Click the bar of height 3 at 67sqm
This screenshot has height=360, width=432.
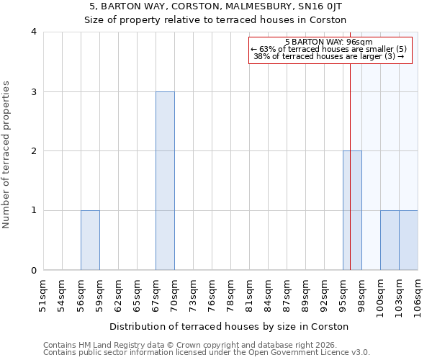coord(165,181)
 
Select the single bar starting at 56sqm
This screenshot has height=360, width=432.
coord(90,240)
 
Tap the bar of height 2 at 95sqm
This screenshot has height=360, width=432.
coord(352,210)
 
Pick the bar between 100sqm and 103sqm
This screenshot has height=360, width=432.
coord(390,240)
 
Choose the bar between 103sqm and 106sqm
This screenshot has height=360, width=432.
coord(408,240)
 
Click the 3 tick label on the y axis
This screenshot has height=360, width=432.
coord(33,91)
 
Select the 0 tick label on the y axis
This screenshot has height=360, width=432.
coord(33,270)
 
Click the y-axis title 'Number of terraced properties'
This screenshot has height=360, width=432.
coord(7,154)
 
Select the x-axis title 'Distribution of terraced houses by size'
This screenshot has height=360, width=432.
coord(230,326)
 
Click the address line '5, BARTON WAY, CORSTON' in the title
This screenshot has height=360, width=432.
coord(216,6)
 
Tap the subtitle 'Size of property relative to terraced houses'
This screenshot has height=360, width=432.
coord(216,20)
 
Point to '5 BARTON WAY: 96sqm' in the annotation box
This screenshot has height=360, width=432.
coord(329,42)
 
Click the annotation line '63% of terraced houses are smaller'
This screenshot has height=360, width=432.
coord(329,49)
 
